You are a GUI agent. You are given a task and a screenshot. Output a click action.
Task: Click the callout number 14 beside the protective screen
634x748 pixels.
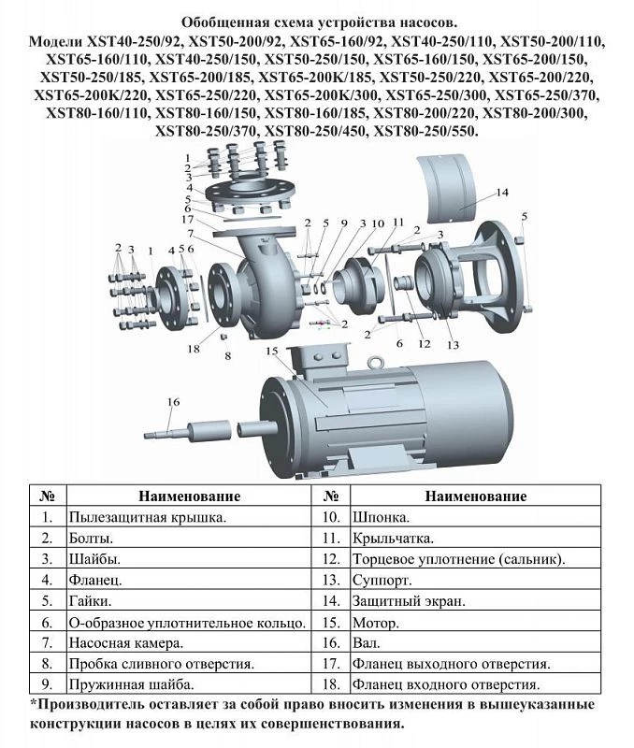tap(502, 193)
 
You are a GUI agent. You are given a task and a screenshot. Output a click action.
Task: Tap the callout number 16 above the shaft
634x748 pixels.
tap(173, 402)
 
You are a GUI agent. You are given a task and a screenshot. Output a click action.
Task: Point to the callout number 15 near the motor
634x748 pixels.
tap(272, 352)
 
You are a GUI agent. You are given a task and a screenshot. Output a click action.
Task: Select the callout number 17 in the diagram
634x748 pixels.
tap(187, 220)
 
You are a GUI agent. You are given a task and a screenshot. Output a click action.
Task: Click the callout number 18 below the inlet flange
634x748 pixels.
tap(194, 349)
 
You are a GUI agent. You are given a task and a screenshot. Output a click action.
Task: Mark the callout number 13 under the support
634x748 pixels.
tap(453, 344)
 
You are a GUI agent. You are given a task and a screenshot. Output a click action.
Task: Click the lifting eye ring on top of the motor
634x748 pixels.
tap(374, 362)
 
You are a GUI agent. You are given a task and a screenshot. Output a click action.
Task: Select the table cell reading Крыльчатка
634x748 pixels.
tap(393, 539)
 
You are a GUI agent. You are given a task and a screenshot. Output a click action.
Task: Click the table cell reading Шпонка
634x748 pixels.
tap(381, 517)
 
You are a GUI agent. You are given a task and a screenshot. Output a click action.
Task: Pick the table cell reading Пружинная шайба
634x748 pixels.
tap(131, 684)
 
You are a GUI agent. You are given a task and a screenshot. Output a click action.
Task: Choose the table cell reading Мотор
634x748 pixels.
tap(375, 623)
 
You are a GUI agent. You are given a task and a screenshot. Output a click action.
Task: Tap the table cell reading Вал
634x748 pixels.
tap(366, 643)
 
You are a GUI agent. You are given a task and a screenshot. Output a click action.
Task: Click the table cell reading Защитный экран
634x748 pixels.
tap(409, 601)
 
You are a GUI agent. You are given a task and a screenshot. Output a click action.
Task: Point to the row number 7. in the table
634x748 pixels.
tap(47, 643)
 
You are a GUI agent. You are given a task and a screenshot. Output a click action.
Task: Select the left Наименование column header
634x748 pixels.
tap(190, 496)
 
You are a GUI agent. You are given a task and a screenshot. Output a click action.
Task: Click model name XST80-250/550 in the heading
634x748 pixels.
tap(425, 131)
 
